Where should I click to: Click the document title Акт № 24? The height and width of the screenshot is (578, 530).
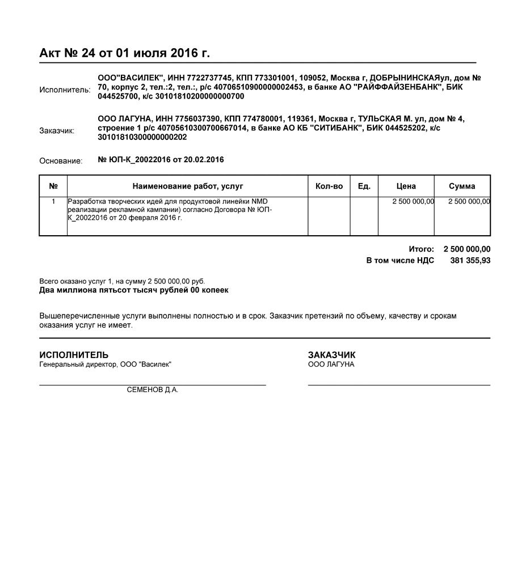pyautogui.click(x=124, y=53)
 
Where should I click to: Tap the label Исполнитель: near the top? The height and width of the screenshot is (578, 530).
pyautogui.click(x=65, y=90)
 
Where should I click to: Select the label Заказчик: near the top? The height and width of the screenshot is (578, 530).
pyautogui.click(x=57, y=131)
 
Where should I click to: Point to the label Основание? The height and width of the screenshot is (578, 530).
pyautogui.click(x=61, y=161)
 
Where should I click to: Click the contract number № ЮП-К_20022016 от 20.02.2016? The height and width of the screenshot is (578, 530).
pyautogui.click(x=161, y=160)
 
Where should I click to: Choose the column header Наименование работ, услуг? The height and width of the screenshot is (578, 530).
pyautogui.click(x=187, y=186)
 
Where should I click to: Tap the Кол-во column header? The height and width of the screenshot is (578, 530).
pyautogui.click(x=329, y=186)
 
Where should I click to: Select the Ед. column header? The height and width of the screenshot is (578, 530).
pyautogui.click(x=364, y=186)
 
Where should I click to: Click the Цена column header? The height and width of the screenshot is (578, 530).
pyautogui.click(x=406, y=186)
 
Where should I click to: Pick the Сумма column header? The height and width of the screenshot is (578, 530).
pyautogui.click(x=462, y=186)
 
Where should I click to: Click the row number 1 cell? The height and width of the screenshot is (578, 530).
pyautogui.click(x=53, y=201)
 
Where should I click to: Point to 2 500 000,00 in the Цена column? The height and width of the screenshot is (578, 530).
pyautogui.click(x=413, y=201)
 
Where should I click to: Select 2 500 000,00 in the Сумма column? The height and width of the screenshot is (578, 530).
pyautogui.click(x=469, y=201)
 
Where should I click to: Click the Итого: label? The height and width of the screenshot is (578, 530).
pyautogui.click(x=421, y=249)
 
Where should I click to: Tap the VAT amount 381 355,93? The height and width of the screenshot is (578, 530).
pyautogui.click(x=470, y=261)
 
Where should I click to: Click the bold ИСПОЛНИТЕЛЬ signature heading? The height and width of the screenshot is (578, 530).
pyautogui.click(x=74, y=355)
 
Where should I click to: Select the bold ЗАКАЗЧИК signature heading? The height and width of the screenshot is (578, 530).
pyautogui.click(x=332, y=355)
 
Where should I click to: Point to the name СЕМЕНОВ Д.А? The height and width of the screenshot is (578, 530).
pyautogui.click(x=153, y=390)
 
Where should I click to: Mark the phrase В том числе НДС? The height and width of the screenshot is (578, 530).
pyautogui.click(x=400, y=261)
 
